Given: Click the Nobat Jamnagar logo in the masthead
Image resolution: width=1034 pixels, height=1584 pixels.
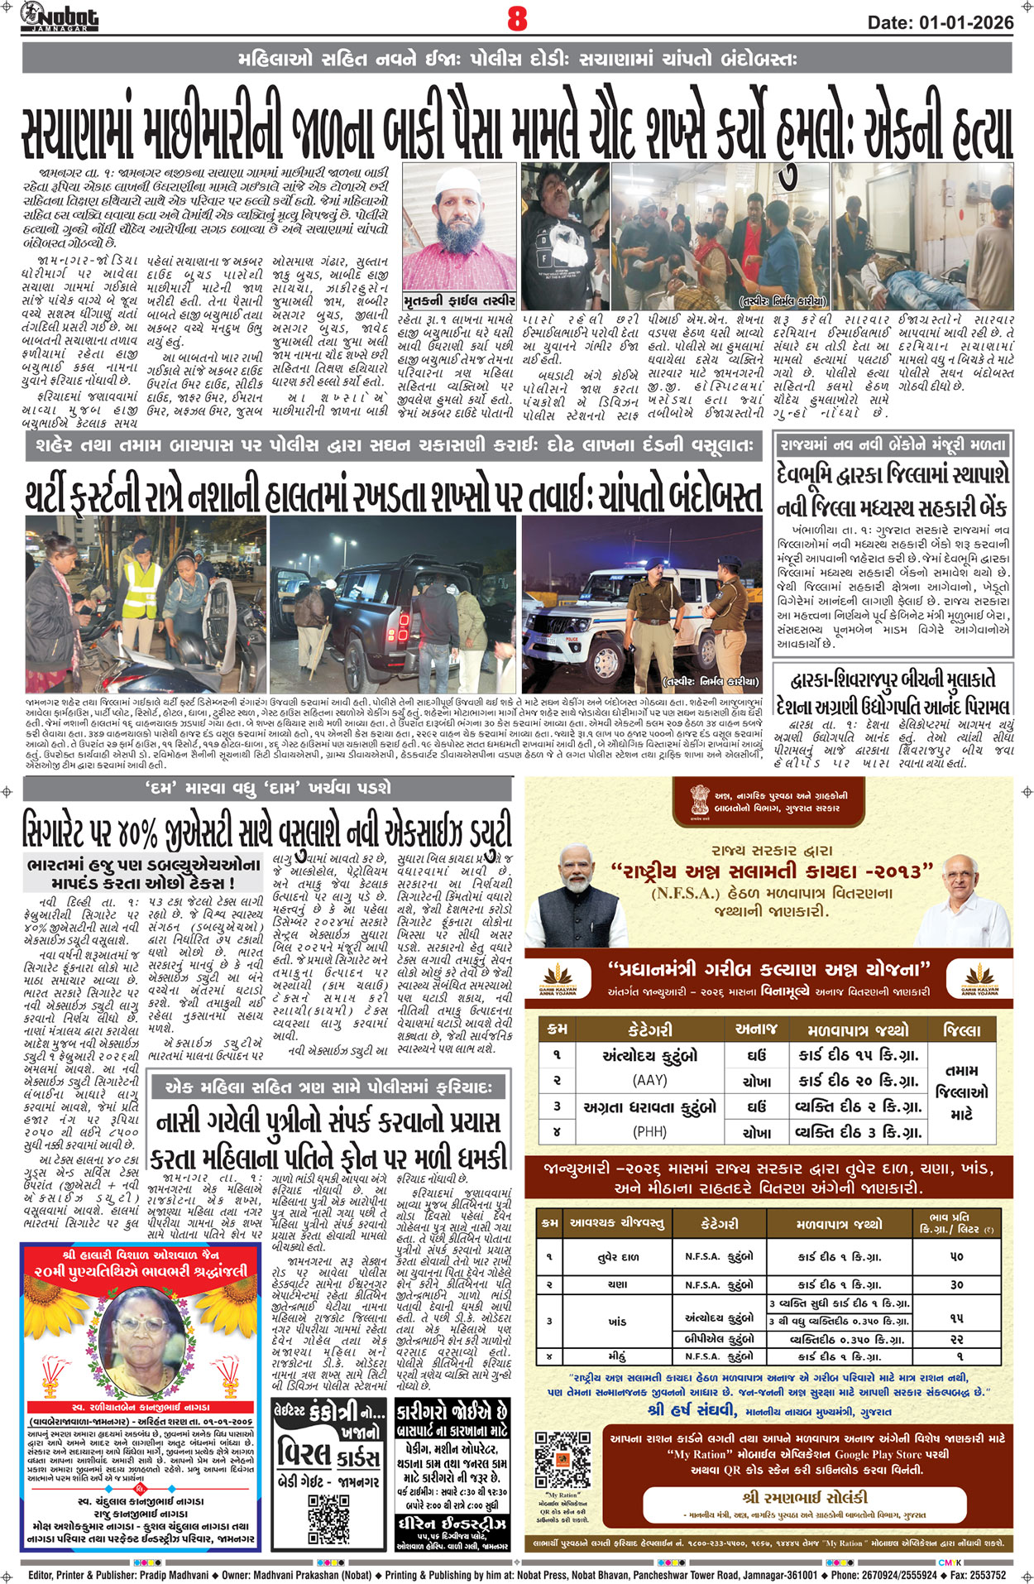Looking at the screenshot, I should coord(60,17).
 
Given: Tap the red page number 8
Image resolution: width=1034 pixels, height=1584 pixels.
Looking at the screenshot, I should coord(517,18).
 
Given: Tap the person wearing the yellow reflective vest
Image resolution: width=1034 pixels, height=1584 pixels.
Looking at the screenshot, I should coord(141,592).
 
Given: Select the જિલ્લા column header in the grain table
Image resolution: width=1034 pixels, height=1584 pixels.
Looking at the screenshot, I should coord(961,1030).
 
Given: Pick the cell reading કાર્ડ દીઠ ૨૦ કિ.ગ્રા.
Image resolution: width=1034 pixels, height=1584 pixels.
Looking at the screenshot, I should coord(858,1081).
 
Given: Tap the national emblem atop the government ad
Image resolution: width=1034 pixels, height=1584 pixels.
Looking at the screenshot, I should coord(700,800).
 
